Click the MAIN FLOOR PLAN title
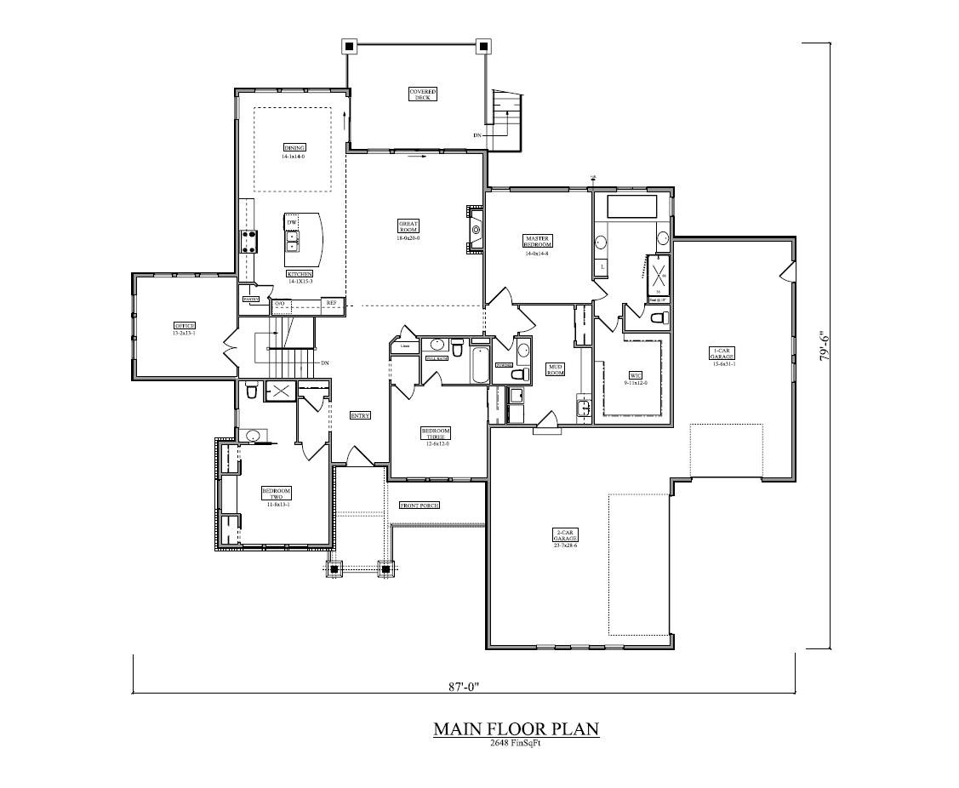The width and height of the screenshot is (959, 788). [516, 729]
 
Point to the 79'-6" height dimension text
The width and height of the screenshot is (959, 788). [824, 346]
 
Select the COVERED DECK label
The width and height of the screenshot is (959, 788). [422, 94]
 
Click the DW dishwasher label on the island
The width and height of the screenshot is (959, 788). [292, 223]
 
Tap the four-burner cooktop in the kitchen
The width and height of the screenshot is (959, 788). [249, 242]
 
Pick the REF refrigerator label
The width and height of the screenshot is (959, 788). [331, 303]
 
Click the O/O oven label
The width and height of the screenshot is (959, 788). [279, 303]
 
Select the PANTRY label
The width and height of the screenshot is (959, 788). [251, 300]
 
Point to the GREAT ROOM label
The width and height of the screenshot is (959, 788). [408, 227]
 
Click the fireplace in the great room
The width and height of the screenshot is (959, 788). [474, 229]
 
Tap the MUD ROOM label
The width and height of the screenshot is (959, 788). [555, 369]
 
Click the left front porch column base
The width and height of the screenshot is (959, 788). [335, 568]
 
